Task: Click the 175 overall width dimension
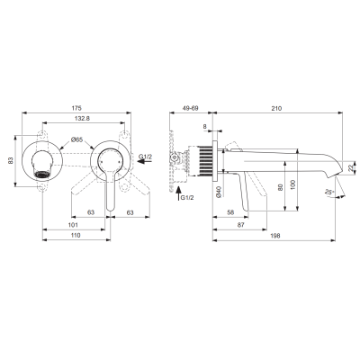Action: pos(76,108)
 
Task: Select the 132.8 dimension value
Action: pos(82,118)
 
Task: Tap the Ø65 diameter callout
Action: pos(76,139)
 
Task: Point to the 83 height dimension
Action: pos(11,160)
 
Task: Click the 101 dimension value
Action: pos(73,225)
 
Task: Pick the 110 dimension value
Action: pos(76,235)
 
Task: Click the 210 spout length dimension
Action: pos(277,108)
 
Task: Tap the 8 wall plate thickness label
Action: pos(205,126)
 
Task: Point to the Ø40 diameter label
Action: pos(219,192)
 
